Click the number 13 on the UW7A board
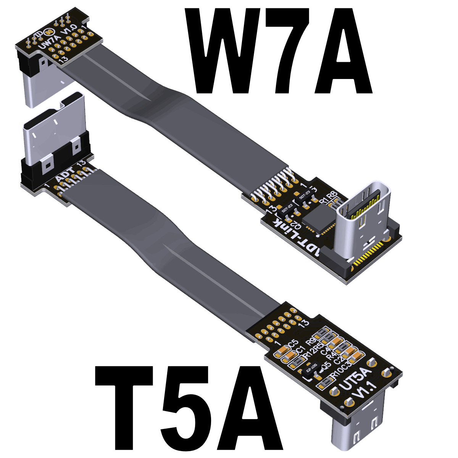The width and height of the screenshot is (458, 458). (64, 59)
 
